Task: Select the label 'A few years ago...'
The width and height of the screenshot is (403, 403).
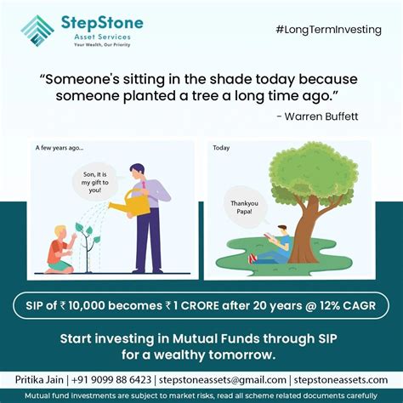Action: click(59, 147)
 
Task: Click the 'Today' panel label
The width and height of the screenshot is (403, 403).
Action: click(221, 147)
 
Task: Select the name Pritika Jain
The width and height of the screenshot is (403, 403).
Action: click(45, 379)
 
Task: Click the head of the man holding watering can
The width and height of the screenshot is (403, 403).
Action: click(139, 172)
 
